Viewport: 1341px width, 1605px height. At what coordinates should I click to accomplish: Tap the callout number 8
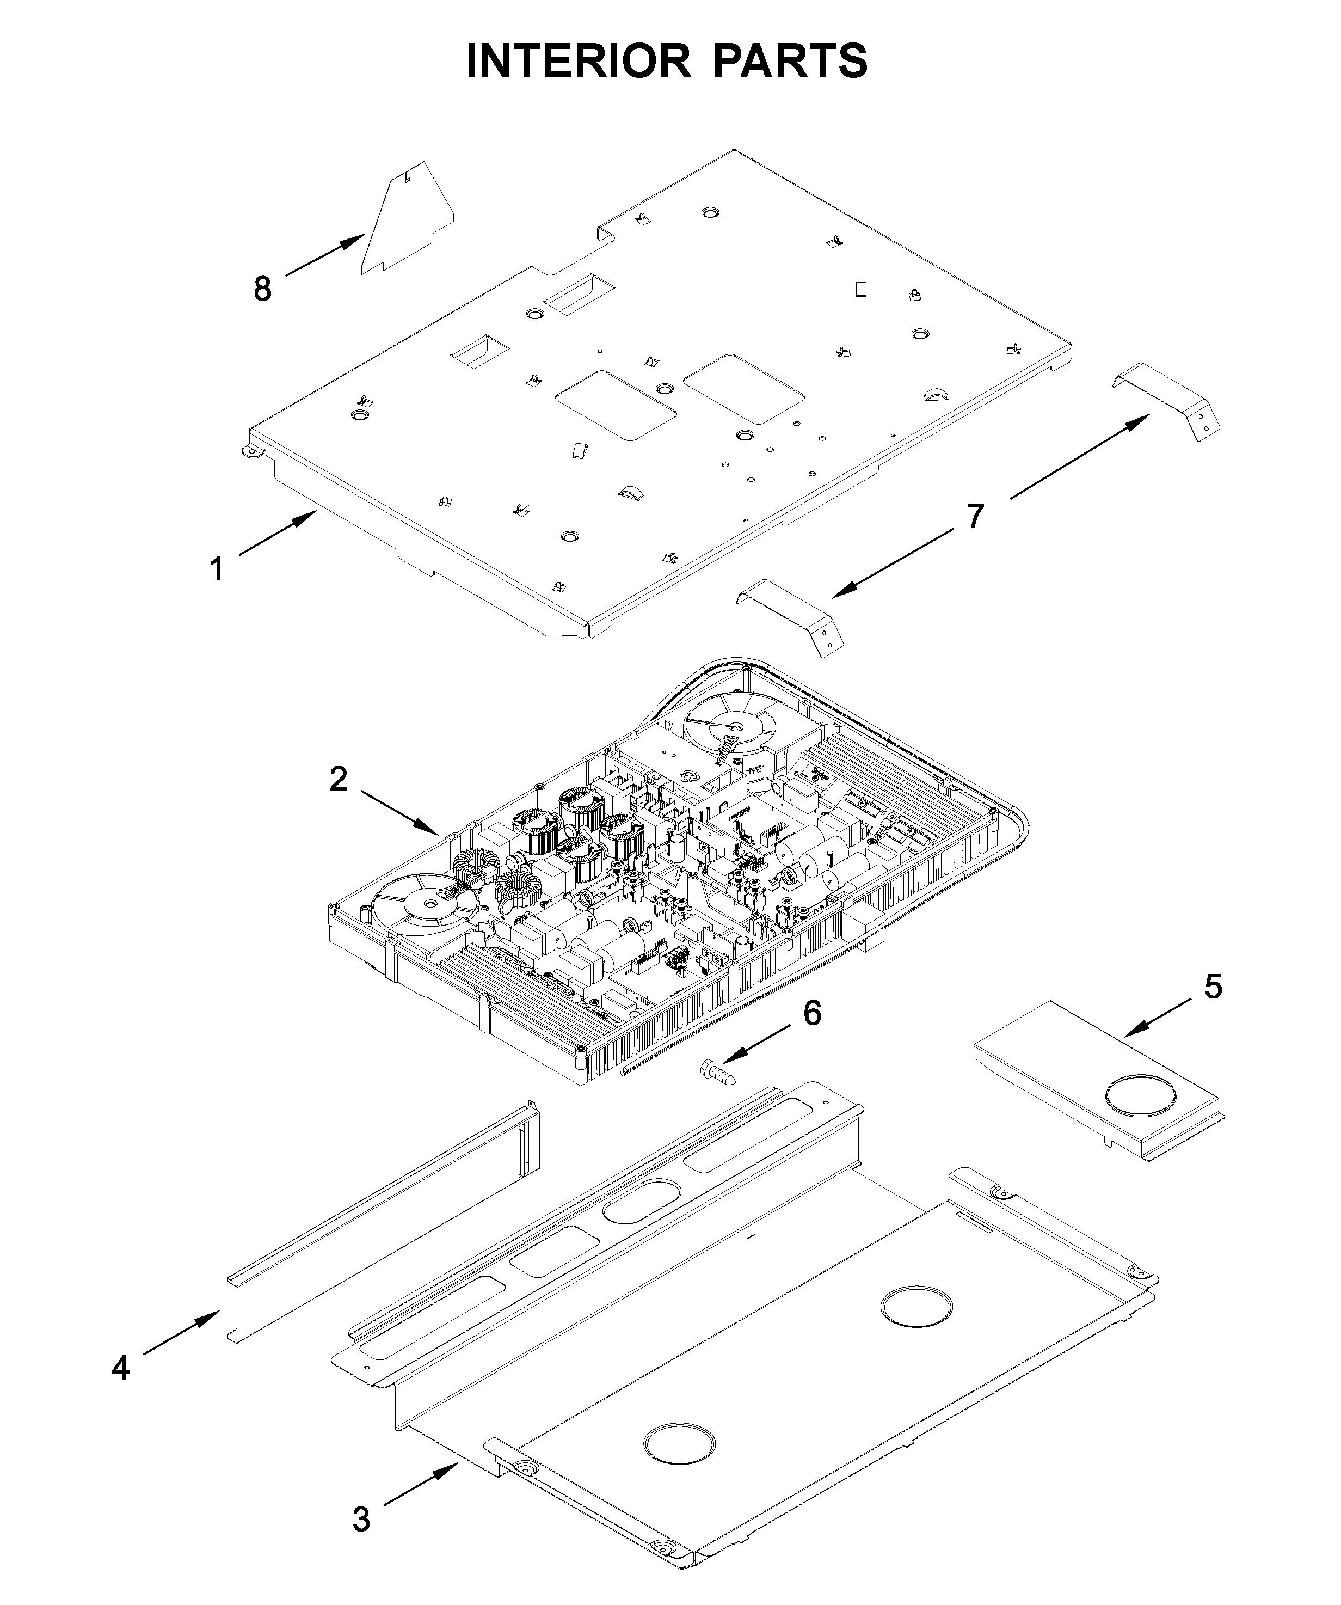pyautogui.click(x=262, y=289)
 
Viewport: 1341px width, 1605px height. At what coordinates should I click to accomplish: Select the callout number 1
pyautogui.click(x=217, y=569)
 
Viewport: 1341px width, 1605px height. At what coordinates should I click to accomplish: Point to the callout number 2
pyautogui.click(x=339, y=779)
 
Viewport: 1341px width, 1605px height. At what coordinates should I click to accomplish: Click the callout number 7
pyautogui.click(x=975, y=517)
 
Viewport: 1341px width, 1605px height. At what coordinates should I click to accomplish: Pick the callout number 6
pyautogui.click(x=811, y=1013)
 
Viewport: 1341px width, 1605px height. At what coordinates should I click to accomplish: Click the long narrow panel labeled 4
pyautogui.click(x=382, y=1223)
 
